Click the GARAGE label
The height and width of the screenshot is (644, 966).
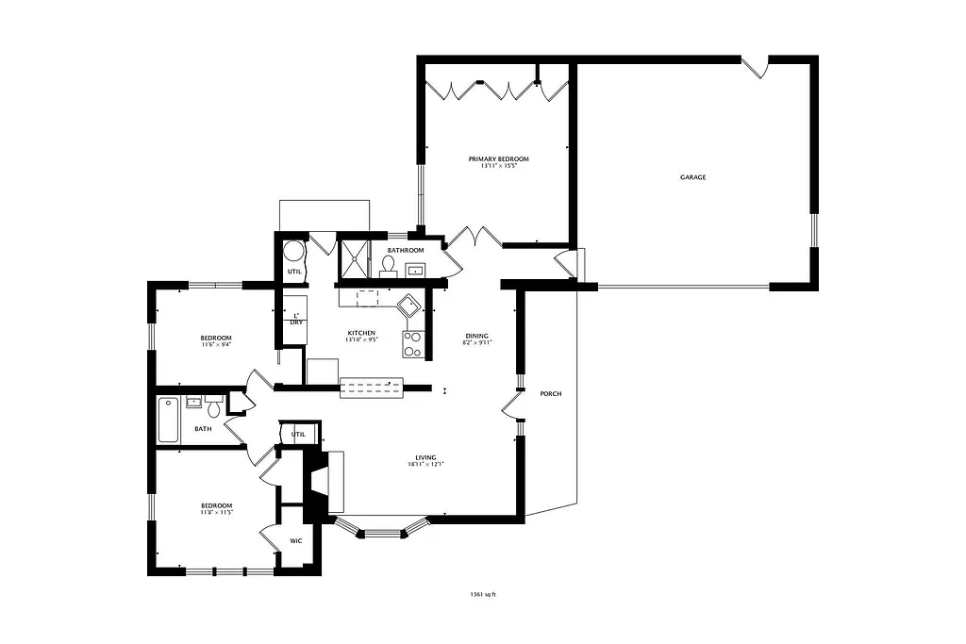tap(692, 177)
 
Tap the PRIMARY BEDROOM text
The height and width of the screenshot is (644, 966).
tap(498, 158)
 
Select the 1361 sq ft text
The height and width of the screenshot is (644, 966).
tap(482, 595)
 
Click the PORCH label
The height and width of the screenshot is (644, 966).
tap(550, 393)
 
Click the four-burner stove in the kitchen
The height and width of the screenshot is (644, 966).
tap(413, 344)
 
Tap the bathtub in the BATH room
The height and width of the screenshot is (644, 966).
tap(168, 420)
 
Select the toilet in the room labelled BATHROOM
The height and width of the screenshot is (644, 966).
tap(388, 265)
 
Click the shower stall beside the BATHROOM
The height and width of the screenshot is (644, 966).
tap(354, 256)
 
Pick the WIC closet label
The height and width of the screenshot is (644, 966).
tap(295, 541)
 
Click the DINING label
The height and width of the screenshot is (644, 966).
tap(477, 337)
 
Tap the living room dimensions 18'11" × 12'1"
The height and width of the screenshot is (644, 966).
tap(425, 464)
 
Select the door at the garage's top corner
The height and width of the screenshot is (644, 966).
tap(756, 67)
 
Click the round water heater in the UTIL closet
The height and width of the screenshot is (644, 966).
tap(293, 252)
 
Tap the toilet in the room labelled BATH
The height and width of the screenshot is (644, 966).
tap(213, 408)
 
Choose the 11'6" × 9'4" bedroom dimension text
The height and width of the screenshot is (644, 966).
tap(216, 345)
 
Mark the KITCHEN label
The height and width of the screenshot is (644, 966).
tap(361, 333)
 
